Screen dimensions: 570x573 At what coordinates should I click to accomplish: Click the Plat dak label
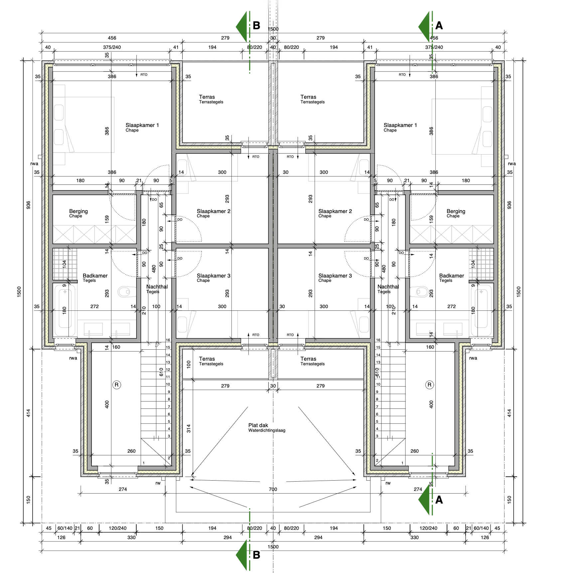(258, 425)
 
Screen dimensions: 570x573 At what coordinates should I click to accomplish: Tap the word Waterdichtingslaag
(267, 430)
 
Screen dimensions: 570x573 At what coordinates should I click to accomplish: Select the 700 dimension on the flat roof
(273, 489)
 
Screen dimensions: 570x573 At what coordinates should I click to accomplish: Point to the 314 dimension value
(189, 428)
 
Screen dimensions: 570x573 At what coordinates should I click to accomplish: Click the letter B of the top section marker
(256, 26)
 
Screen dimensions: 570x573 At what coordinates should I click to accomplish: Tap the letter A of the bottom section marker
(439, 500)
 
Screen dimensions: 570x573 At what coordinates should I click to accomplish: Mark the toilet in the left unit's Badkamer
(127, 292)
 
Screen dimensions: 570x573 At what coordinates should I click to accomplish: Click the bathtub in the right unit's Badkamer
(481, 310)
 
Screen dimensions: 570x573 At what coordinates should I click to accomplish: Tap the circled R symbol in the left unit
(116, 385)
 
